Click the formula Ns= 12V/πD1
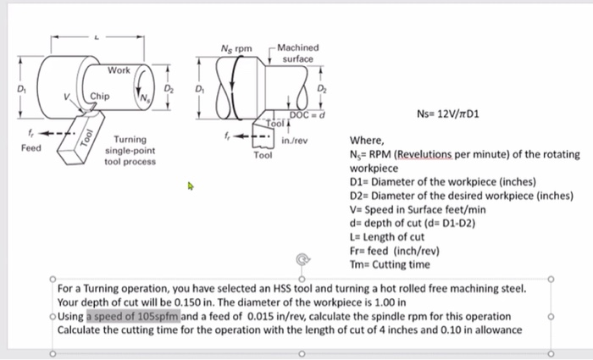[448, 112]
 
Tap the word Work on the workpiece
[119, 70]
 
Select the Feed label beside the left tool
[30, 147]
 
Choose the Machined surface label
[297, 53]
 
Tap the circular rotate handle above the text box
[301, 260]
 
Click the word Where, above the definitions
[368, 141]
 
